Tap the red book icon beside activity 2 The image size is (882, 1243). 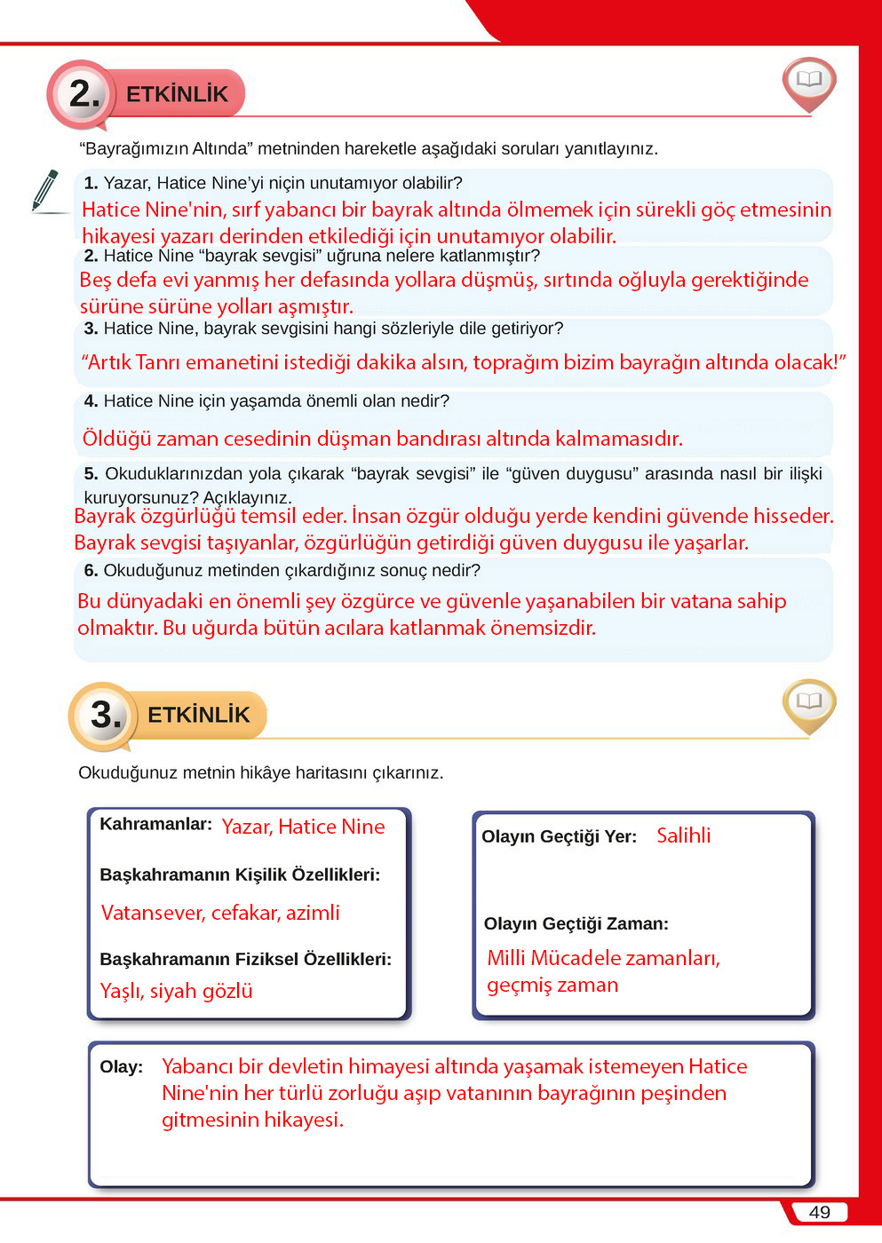coord(808,83)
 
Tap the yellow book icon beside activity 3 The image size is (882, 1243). coord(808,704)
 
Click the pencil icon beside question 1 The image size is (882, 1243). coord(44,190)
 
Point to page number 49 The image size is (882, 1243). coord(819,1212)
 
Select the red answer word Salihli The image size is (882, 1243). coord(683,835)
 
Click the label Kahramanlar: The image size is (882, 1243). coord(155,824)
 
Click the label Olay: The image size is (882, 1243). coord(121,1066)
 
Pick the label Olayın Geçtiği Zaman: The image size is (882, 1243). coord(576,923)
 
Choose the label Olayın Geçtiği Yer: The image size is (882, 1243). coord(559,836)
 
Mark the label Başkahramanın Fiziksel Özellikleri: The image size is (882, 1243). coord(245,959)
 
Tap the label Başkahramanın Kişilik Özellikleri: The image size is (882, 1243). coord(240,875)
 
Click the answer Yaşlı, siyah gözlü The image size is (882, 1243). coord(176,991)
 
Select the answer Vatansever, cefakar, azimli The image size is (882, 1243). coord(220,913)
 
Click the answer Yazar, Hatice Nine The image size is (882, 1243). coord(303,827)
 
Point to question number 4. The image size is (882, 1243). coord(91,401)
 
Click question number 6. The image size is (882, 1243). coord(91,570)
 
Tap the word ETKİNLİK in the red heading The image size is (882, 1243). coord(177,94)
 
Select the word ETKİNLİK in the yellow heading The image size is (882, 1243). coord(198,715)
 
